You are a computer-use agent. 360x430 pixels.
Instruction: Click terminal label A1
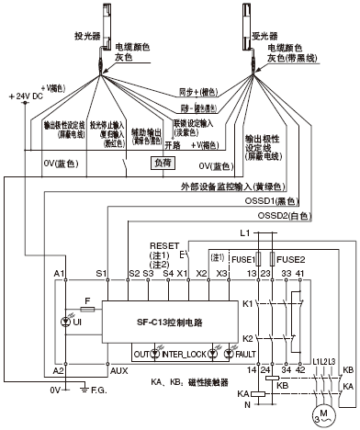(x=60, y=275)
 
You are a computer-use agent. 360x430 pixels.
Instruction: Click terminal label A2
(x=60, y=369)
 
